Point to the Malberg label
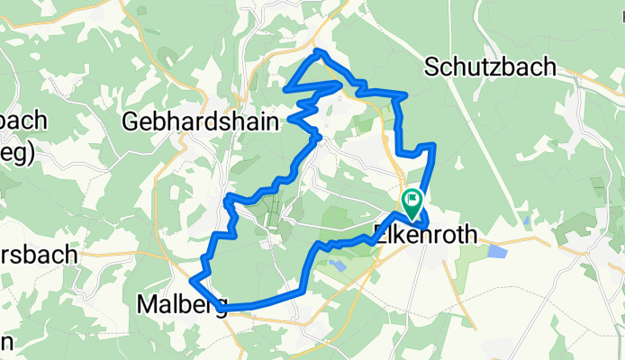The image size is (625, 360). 180,304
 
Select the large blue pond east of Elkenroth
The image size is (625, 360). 496,251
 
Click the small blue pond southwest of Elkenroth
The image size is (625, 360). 338,264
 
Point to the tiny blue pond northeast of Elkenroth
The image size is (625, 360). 525,219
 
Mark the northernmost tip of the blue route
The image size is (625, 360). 317,51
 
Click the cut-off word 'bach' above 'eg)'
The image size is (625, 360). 23,121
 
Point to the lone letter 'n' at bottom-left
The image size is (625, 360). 5,341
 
